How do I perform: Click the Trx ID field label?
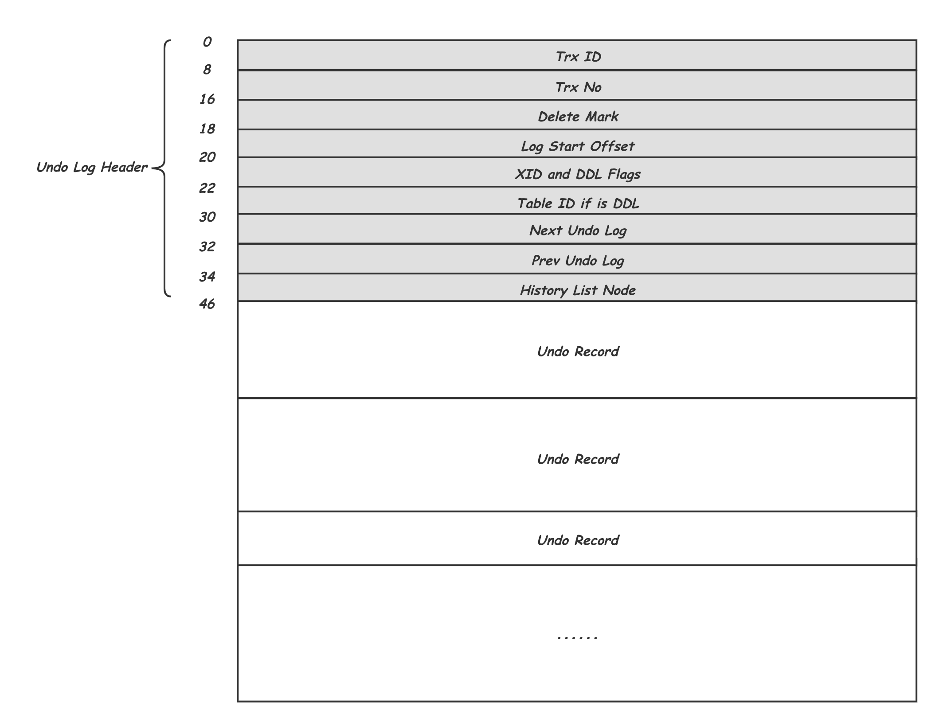pyautogui.click(x=578, y=57)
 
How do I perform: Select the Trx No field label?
pyautogui.click(x=578, y=87)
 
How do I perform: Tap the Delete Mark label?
pyautogui.click(x=578, y=117)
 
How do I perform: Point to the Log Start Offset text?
pyautogui.click(x=578, y=146)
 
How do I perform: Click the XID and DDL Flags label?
pyautogui.click(x=578, y=174)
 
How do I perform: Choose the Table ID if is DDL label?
pyautogui.click(x=578, y=203)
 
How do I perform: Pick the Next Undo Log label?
pyautogui.click(x=578, y=231)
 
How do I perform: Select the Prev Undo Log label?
pyautogui.click(x=578, y=261)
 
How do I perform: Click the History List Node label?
pyautogui.click(x=578, y=290)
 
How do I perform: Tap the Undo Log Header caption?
pyautogui.click(x=92, y=168)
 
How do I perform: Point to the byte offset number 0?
pyautogui.click(x=207, y=42)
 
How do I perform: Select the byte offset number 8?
pyautogui.click(x=207, y=70)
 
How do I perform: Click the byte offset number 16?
pyautogui.click(x=207, y=99)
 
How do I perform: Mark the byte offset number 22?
pyautogui.click(x=207, y=188)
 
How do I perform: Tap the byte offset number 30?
pyautogui.click(x=207, y=217)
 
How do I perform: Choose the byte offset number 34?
pyautogui.click(x=207, y=277)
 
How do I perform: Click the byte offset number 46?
pyautogui.click(x=207, y=304)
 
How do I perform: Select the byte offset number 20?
pyautogui.click(x=207, y=157)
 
